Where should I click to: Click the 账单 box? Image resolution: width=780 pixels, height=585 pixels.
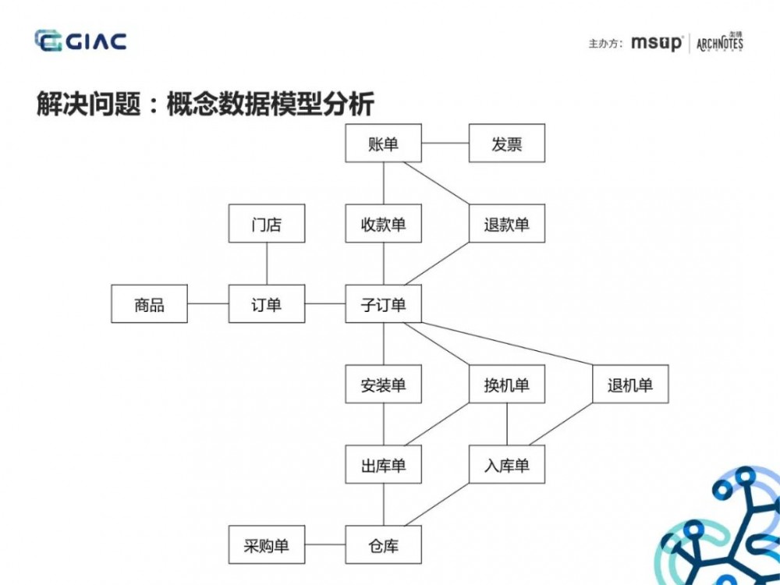(383, 144)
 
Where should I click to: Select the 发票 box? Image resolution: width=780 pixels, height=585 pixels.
(506, 144)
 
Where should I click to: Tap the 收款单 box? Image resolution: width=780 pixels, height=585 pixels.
(383, 225)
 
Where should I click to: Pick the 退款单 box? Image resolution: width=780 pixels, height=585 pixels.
(506, 225)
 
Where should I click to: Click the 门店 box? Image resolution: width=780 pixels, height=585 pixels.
(267, 225)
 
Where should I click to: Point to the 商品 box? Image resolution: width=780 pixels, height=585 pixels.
(150, 304)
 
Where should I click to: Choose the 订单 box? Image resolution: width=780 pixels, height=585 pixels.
(267, 304)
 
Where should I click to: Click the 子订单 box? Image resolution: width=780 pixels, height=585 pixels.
(383, 304)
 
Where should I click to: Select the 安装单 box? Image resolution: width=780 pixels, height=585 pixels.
(383, 385)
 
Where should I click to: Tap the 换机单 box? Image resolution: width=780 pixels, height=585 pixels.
(506, 385)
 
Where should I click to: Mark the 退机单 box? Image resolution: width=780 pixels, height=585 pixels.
(629, 385)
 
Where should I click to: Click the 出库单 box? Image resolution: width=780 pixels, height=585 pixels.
(383, 466)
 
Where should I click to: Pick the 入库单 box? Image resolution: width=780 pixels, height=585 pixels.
(506, 466)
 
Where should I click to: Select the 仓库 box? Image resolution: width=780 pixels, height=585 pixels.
(383, 545)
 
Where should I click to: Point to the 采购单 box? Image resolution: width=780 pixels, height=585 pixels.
(267, 545)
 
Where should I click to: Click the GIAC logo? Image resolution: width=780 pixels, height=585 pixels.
(80, 41)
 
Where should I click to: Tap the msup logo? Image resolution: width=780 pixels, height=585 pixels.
(657, 43)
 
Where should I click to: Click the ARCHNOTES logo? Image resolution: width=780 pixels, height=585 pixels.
(719, 43)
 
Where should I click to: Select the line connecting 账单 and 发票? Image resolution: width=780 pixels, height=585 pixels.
(445, 144)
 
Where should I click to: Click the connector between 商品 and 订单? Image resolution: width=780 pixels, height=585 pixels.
(208, 304)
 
